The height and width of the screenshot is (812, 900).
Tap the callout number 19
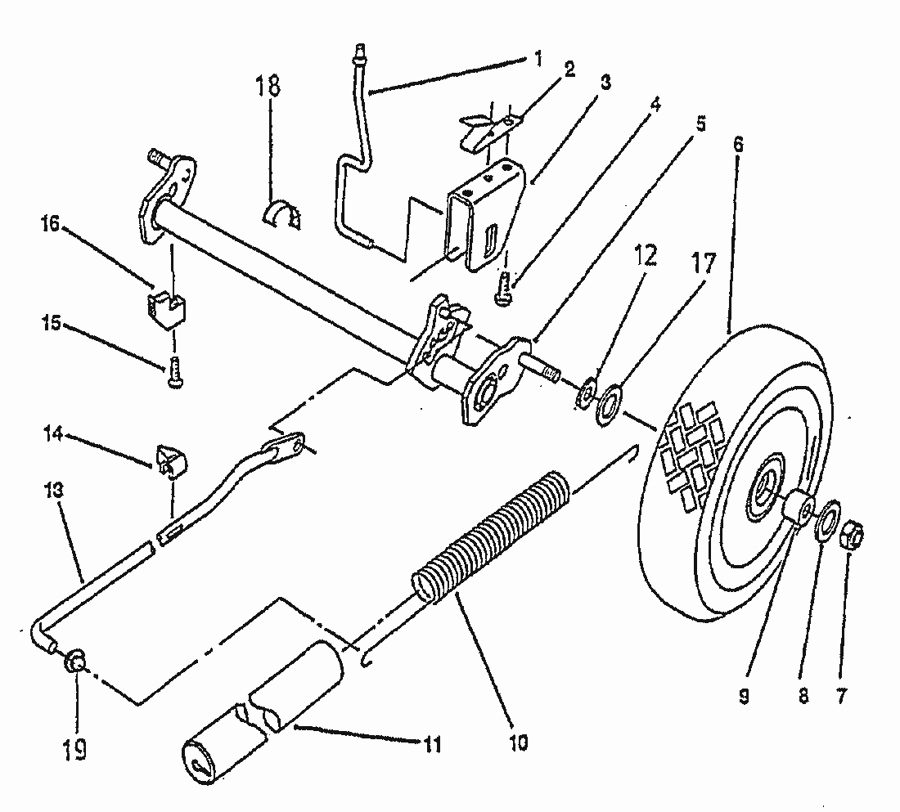pyautogui.click(x=74, y=750)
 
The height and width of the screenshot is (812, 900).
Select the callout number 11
pyautogui.click(x=431, y=745)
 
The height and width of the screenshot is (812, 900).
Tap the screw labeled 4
pyautogui.click(x=504, y=292)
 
